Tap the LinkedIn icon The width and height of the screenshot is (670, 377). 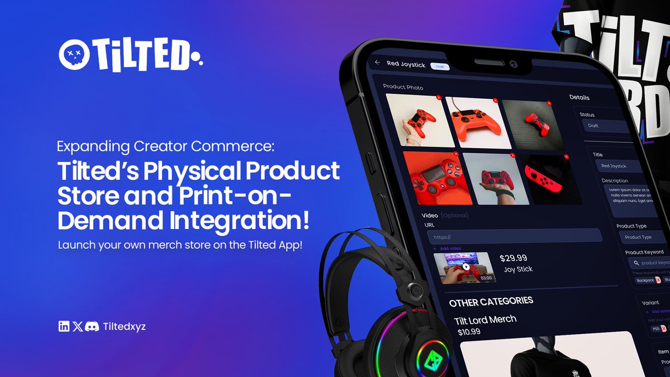[x=64, y=327]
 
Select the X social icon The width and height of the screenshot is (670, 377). [x=78, y=327]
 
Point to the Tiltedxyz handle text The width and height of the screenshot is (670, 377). [x=125, y=327]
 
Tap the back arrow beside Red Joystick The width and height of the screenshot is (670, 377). [x=377, y=63]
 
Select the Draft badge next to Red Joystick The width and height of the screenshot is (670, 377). [x=440, y=66]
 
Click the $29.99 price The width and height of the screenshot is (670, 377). [x=514, y=258]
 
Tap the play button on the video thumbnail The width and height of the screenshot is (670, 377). [x=465, y=267]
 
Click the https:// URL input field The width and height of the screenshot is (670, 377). [x=514, y=236]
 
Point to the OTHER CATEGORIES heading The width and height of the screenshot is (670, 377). [x=491, y=302]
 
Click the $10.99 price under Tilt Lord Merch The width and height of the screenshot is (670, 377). [x=469, y=332]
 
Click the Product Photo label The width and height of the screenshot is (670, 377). [x=403, y=87]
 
